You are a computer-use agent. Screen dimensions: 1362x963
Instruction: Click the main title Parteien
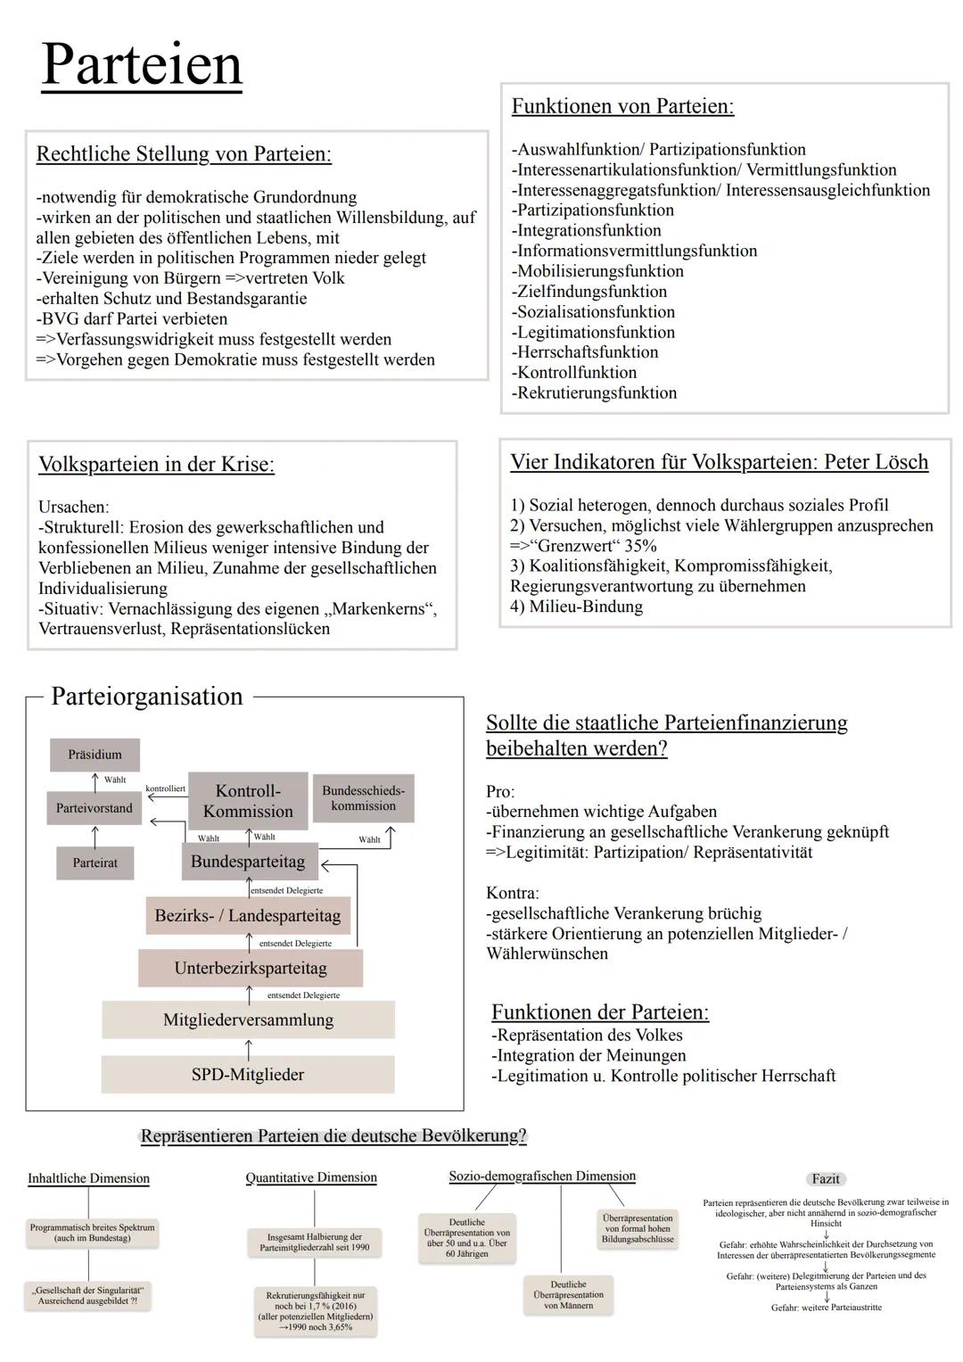click(142, 64)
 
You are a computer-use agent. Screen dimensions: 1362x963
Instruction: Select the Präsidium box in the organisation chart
click(95, 755)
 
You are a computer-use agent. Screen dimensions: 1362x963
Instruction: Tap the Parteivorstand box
click(94, 808)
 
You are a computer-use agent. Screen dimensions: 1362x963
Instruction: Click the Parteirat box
click(95, 863)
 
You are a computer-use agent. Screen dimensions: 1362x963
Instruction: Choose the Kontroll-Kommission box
click(248, 801)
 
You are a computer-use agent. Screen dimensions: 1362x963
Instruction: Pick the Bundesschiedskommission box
click(363, 798)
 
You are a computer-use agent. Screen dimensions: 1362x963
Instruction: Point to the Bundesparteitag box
click(248, 863)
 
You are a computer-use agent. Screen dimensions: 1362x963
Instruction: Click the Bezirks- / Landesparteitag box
click(248, 916)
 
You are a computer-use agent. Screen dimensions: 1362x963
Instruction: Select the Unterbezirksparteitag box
click(251, 968)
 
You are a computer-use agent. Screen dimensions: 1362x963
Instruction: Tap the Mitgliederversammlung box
click(248, 1019)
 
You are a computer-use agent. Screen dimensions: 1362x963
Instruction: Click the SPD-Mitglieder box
click(248, 1075)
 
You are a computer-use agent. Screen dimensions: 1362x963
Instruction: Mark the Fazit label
click(826, 1179)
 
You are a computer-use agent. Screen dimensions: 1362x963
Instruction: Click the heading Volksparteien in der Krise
click(156, 465)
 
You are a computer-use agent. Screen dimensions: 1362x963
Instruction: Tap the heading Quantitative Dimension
click(311, 1177)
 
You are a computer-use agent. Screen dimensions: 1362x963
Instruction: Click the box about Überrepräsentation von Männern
click(568, 1295)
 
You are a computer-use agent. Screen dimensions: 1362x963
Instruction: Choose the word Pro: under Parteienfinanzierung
click(500, 792)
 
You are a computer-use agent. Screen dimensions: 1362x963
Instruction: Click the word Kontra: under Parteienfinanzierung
click(513, 893)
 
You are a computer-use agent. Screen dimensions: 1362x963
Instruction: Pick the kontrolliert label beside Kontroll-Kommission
click(165, 788)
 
